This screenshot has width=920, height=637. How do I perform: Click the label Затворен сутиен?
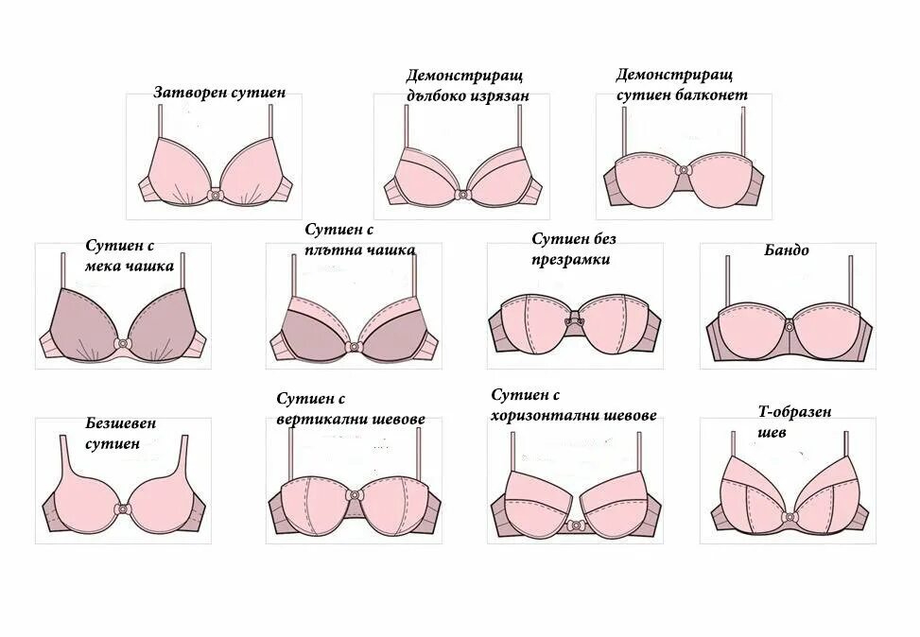[x=219, y=94]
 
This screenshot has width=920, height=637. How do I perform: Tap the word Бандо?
[x=787, y=250]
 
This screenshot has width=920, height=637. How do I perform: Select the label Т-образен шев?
[x=793, y=422]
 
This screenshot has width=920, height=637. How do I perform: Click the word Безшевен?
[x=121, y=424]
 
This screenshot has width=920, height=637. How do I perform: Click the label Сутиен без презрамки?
[x=573, y=249]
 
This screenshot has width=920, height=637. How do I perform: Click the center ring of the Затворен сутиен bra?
[x=216, y=195]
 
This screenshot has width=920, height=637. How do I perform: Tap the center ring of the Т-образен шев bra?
[x=789, y=517]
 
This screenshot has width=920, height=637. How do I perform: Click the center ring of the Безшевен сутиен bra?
[x=122, y=508]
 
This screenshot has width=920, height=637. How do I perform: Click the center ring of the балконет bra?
[x=683, y=171]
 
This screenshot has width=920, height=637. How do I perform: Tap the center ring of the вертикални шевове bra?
[x=354, y=495]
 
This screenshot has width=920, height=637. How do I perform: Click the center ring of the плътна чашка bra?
[x=354, y=346]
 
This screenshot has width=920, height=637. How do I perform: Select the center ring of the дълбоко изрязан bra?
[x=462, y=195]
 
